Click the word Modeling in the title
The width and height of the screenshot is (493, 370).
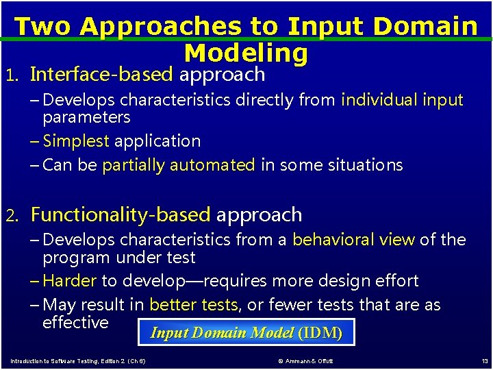pos(246,53)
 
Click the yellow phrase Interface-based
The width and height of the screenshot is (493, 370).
pos(101,74)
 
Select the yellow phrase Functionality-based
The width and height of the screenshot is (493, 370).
pos(121,215)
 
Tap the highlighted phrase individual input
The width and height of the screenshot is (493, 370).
pos(402,101)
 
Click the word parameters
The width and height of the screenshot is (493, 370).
pos(86,117)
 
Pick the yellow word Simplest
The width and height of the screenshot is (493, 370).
pos(75,141)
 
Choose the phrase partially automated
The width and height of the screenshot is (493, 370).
pos(178,165)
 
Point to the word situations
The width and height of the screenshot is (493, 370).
pos(367,165)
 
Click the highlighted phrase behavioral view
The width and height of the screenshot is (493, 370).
pos(353,240)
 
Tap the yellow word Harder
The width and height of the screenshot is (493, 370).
pos(69,281)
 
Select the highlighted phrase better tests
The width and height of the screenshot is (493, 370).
pos(194,305)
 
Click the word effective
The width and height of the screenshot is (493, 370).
pos(75,322)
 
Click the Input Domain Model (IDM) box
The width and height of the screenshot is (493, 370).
pos(246,333)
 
